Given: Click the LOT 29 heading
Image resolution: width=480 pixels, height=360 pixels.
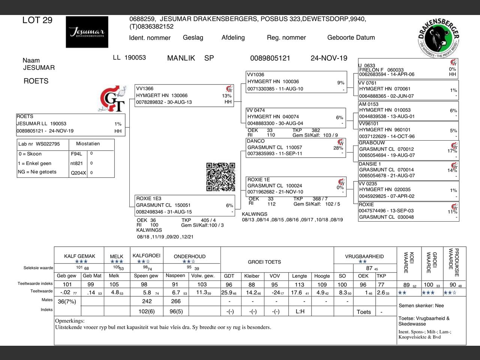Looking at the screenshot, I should pyautogui.click(x=37, y=20).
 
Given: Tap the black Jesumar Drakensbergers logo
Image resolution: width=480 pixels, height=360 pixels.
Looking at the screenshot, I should pyautogui.click(x=87, y=32).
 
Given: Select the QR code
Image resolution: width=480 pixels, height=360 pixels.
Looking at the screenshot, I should pyautogui.click(x=221, y=177).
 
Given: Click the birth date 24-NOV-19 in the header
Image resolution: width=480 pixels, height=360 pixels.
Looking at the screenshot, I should pyautogui.click(x=329, y=58).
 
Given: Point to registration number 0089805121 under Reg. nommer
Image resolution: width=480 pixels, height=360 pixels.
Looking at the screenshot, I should pyautogui.click(x=270, y=58).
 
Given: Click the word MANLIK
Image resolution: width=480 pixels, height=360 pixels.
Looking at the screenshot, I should pyautogui.click(x=181, y=58).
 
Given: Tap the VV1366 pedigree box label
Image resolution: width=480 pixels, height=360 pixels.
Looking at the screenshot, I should pyautogui.click(x=145, y=89).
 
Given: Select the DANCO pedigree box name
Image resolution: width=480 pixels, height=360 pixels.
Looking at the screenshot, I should pyautogui.click(x=256, y=141).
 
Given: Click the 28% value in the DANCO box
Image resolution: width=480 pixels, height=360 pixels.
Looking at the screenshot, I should pyautogui.click(x=338, y=148).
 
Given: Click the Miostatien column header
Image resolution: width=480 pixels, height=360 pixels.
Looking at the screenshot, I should pyautogui.click(x=88, y=144).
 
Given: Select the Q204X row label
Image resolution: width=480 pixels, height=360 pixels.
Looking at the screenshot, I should pyautogui.click(x=78, y=173).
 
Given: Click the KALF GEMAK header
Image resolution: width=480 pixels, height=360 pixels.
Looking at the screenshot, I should pyautogui.click(x=79, y=256).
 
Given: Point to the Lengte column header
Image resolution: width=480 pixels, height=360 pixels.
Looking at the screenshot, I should pyautogui.click(x=299, y=276).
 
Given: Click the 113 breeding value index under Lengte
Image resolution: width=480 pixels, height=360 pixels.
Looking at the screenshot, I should pyautogui.click(x=299, y=285).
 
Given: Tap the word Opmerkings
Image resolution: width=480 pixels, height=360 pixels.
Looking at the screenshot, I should pyautogui.click(x=70, y=321).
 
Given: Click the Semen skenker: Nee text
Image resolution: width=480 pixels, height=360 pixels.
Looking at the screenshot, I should pyautogui.click(x=421, y=306).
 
